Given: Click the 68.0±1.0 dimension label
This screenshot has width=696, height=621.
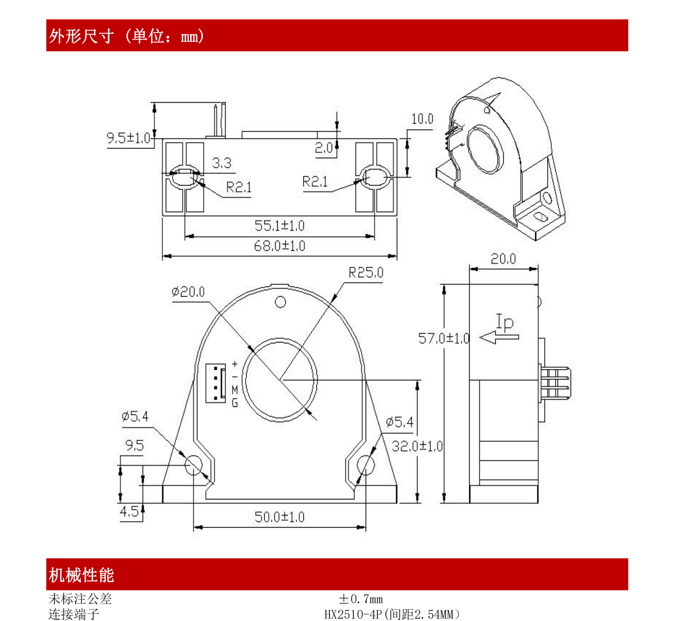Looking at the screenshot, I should point(279,246).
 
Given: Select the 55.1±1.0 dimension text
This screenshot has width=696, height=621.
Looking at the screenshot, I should point(279,226).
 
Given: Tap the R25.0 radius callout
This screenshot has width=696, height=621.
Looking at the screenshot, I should point(366,273).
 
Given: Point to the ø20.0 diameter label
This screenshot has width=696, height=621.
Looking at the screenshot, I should point(188,292).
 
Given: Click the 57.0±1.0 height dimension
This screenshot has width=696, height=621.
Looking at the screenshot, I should point(443,338).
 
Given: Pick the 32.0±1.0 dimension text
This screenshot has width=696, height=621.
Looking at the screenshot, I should point(417,446).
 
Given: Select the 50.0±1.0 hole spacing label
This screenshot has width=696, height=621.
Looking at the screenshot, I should point(279,517).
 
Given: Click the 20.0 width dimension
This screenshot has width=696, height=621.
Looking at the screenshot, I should point(503,259).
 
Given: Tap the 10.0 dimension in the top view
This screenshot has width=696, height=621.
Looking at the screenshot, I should point(422,119).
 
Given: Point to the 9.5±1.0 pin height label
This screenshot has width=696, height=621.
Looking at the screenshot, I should point(128,138).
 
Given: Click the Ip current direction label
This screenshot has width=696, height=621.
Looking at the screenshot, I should point(505,322).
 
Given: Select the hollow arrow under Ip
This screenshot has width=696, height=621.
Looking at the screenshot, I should point(499,337).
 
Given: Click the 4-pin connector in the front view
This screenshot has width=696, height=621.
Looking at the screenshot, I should point(215,383).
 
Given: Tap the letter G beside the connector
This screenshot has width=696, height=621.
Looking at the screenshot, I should point(235,403).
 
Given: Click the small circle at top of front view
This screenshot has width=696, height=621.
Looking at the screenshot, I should point(280,302).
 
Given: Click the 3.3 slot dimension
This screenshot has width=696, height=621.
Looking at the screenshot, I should point(221,163).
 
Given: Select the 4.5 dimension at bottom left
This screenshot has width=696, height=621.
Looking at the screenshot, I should point(129,512).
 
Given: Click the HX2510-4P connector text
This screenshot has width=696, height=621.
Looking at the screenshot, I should point(392,614).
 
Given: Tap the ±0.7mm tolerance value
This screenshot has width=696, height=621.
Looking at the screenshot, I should point(361,599).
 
